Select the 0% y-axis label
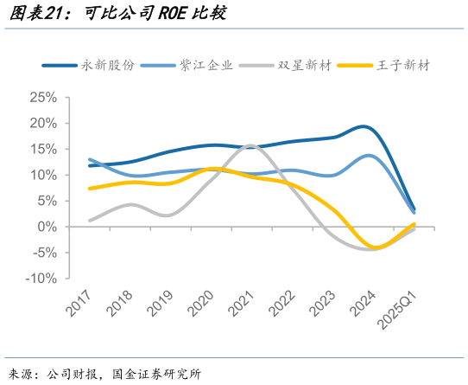click(47, 227)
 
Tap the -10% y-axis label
click(41, 279)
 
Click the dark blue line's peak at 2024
click(365, 127)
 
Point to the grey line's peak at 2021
click(250, 145)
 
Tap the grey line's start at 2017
click(90, 221)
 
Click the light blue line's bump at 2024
click(369, 156)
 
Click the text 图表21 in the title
click(28, 14)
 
